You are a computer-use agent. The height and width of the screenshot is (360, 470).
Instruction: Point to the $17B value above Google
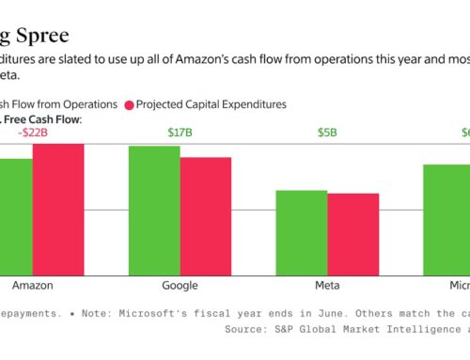tap(180, 132)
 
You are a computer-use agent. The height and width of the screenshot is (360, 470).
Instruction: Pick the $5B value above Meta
tap(327, 132)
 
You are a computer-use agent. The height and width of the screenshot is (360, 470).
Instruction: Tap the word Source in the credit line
tap(245, 330)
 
